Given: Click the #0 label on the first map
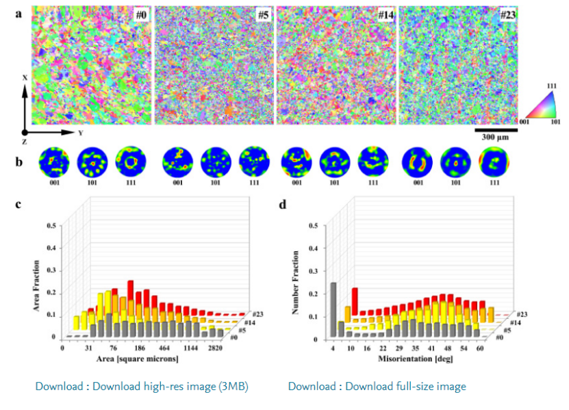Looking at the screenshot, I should point(142,14).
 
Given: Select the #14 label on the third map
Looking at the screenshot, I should point(385,14).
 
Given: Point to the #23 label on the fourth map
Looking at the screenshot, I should point(507,14).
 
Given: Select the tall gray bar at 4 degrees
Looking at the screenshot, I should point(333,309).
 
